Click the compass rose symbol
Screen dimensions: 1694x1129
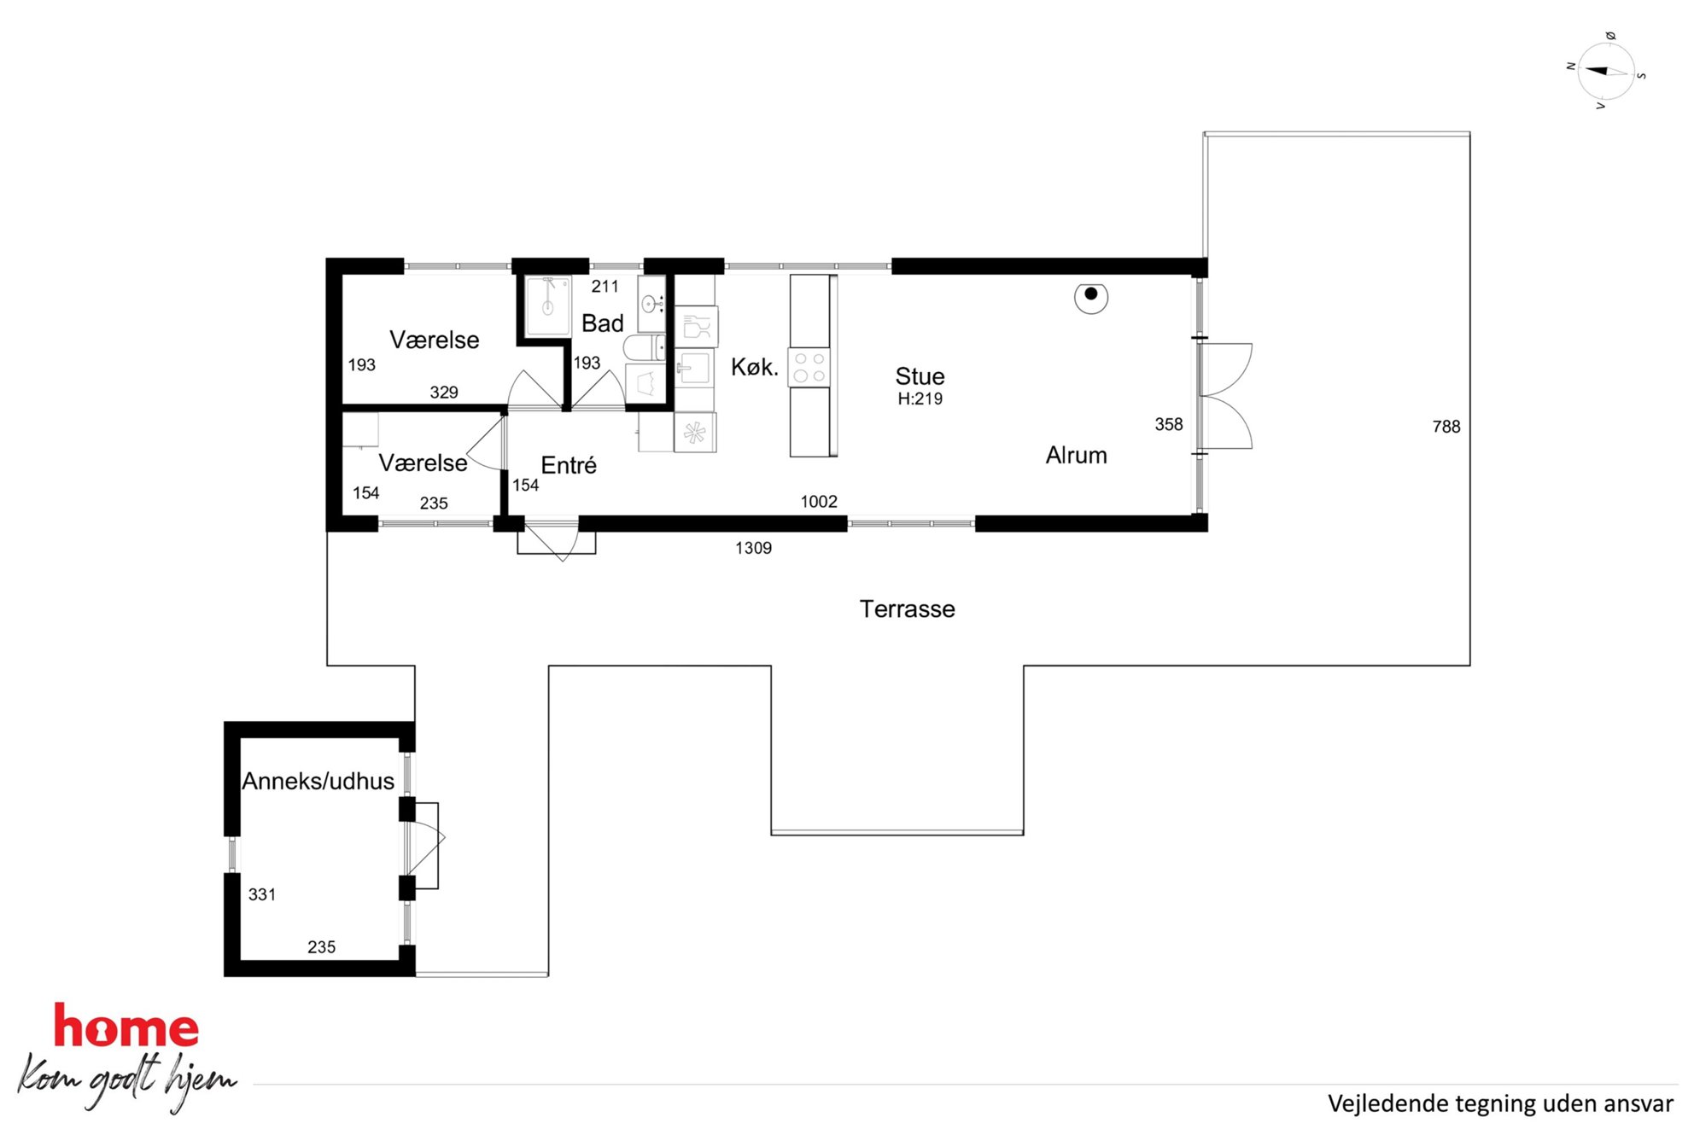pyautogui.click(x=1606, y=72)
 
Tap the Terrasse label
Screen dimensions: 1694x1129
pyautogui.click(x=907, y=609)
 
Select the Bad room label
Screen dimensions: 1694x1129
pyautogui.click(x=602, y=323)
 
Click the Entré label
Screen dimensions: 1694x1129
pyautogui.click(x=569, y=465)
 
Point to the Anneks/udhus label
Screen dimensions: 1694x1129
pyautogui.click(x=318, y=781)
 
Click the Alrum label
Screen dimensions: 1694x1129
pyautogui.click(x=1076, y=455)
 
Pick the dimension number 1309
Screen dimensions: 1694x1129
pyautogui.click(x=753, y=548)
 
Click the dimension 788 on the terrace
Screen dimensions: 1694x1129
pyautogui.click(x=1446, y=427)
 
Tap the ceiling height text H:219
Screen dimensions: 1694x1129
pyautogui.click(x=920, y=399)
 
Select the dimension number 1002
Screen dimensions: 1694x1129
pyautogui.click(x=819, y=502)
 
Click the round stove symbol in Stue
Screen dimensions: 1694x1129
pyautogui.click(x=1091, y=297)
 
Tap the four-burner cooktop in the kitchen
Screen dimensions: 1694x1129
pyautogui.click(x=809, y=367)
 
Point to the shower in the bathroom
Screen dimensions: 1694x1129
pyautogui.click(x=547, y=305)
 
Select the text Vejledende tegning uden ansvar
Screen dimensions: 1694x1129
pyautogui.click(x=1500, y=1103)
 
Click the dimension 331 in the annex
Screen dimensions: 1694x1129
pyautogui.click(x=262, y=894)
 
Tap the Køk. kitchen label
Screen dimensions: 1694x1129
pyautogui.click(x=755, y=367)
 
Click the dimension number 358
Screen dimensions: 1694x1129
pyautogui.click(x=1169, y=424)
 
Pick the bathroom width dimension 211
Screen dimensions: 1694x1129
pyautogui.click(x=605, y=287)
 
